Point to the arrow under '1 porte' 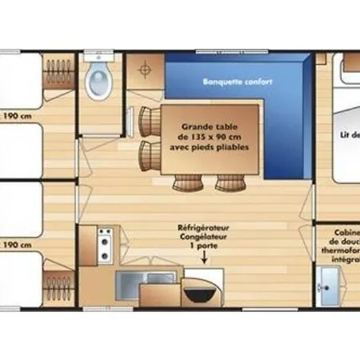click(200, 261)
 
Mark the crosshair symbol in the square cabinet click(146, 70)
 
